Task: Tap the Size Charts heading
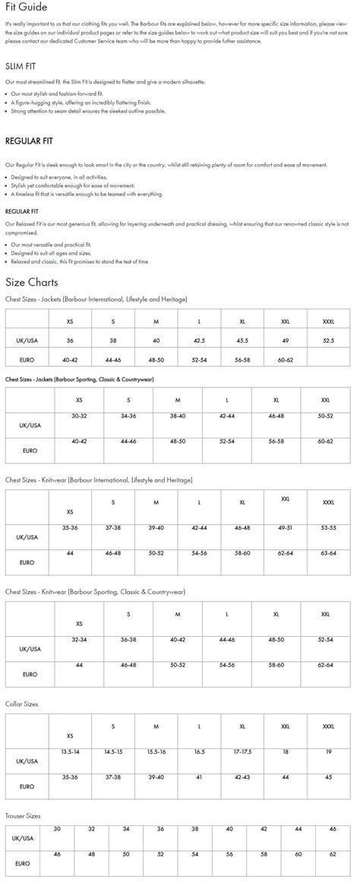31,283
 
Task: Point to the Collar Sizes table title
21,704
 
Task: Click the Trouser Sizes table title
23,816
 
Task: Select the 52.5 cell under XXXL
328,341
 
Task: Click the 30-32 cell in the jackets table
80,416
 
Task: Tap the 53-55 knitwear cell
328,527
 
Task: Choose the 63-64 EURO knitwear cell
328,553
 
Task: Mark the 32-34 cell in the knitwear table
80,640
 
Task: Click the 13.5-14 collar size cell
70,752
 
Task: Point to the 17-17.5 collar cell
242,752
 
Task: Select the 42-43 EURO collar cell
242,777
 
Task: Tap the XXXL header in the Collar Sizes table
328,726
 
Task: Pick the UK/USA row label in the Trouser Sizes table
26,837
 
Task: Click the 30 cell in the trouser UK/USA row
57,829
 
